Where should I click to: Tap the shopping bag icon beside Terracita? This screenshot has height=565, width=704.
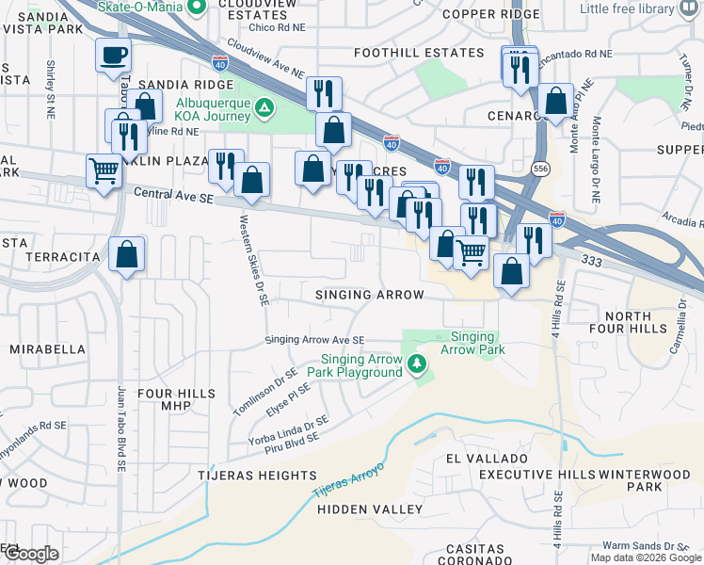point(127,254)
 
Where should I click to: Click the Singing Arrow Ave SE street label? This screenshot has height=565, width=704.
point(314,340)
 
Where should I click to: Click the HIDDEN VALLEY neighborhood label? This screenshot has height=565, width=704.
point(370,509)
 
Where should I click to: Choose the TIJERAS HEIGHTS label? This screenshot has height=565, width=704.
point(257,476)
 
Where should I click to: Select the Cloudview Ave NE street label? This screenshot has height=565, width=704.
point(266,58)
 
